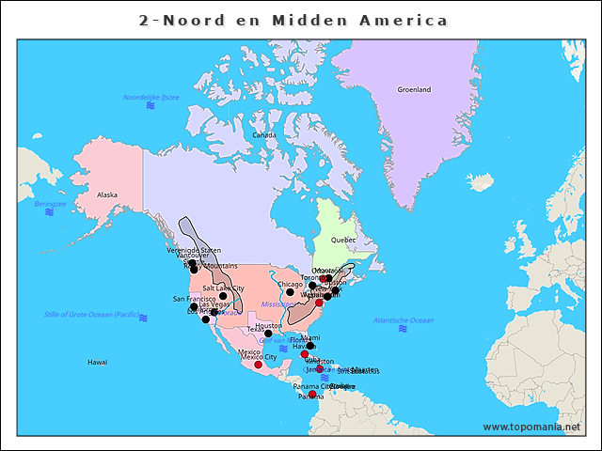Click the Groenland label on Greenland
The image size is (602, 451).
413,89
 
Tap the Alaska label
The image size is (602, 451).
107,194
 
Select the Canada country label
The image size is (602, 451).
263,134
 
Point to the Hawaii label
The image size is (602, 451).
98,362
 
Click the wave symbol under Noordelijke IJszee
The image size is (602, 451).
150,106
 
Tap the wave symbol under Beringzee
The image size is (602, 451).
49,212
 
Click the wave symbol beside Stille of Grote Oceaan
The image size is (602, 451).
143,318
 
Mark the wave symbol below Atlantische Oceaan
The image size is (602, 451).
403,330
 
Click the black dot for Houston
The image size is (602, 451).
268,334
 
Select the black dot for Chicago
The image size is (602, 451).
290,292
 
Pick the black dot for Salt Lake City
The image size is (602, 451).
223,296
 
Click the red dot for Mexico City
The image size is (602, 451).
258,365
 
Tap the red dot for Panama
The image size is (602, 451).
312,395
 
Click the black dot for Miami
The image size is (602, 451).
309,345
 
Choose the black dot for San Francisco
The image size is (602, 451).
194,306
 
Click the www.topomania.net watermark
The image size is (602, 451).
531,428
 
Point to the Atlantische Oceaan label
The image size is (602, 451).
404,320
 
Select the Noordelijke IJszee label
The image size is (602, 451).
150,97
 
